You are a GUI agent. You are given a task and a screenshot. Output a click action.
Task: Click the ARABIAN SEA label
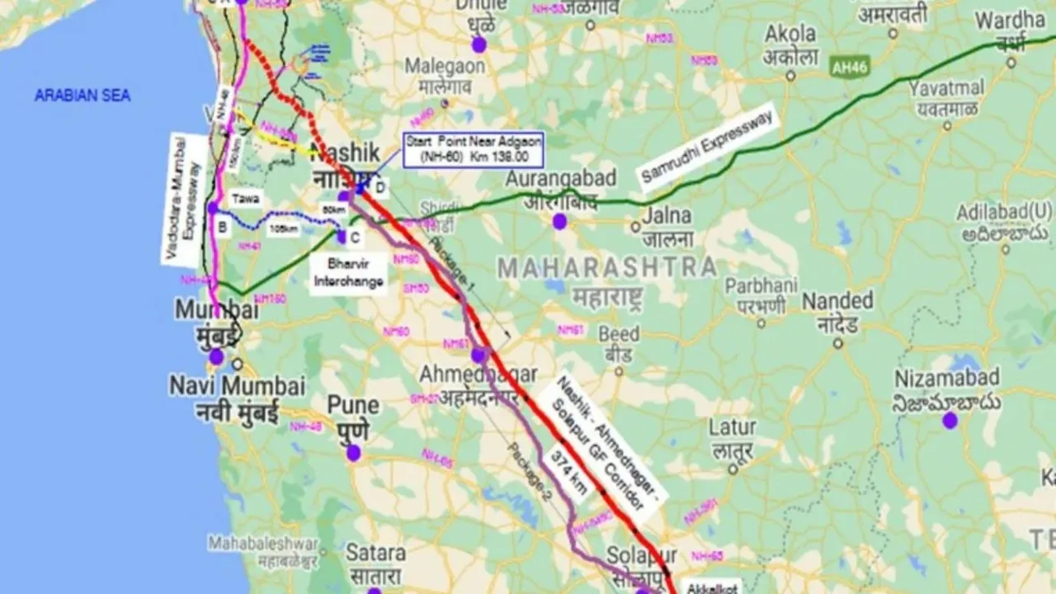point(82,96)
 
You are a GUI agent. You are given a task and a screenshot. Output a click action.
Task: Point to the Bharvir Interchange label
point(348,274)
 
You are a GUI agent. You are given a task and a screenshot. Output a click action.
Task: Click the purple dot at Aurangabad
point(560,221)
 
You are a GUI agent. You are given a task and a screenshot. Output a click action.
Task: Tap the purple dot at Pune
point(354,452)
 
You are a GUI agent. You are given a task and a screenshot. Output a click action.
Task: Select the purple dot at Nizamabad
point(950,420)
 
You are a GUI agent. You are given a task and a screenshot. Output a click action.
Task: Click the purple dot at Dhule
point(478,45)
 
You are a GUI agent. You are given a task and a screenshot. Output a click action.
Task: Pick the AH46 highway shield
point(851,67)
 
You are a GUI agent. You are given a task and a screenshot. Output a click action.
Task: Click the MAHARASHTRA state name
point(607,267)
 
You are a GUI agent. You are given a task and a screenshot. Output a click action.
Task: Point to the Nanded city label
point(837,300)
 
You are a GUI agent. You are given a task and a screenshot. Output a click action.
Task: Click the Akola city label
point(790,35)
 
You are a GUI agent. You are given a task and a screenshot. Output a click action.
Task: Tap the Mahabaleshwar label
point(262,544)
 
